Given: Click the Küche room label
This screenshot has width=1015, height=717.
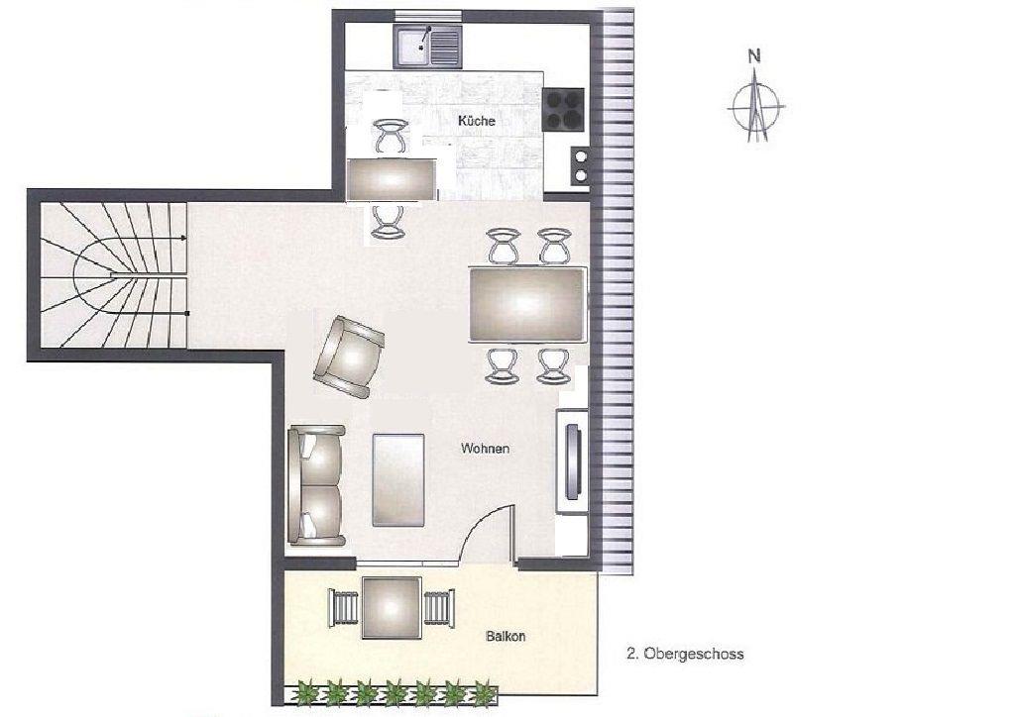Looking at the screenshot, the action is click(x=477, y=121).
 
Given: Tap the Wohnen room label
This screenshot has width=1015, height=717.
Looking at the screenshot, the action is click(x=485, y=448).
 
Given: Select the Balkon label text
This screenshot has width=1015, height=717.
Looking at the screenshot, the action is click(x=506, y=636).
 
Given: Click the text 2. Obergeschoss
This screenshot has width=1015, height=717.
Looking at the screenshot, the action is click(x=685, y=654).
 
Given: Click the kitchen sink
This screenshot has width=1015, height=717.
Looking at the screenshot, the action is click(x=427, y=47).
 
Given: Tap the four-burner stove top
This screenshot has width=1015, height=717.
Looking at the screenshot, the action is click(x=563, y=109).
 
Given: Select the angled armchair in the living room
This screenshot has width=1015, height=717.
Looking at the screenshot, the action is click(x=349, y=357).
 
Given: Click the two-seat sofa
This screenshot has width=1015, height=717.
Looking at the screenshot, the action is click(x=316, y=485).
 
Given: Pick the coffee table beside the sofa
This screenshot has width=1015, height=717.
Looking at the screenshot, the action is click(x=398, y=479).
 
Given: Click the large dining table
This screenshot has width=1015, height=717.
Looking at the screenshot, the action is click(x=527, y=304).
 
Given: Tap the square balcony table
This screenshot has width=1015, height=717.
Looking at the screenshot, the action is click(x=392, y=608).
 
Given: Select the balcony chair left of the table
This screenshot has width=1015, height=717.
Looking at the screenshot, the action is click(x=344, y=608).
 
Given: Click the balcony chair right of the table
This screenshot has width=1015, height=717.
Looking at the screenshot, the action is click(x=438, y=608).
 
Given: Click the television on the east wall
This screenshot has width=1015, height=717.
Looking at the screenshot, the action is click(x=573, y=461).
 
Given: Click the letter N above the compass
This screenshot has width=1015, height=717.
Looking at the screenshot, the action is click(x=754, y=56).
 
